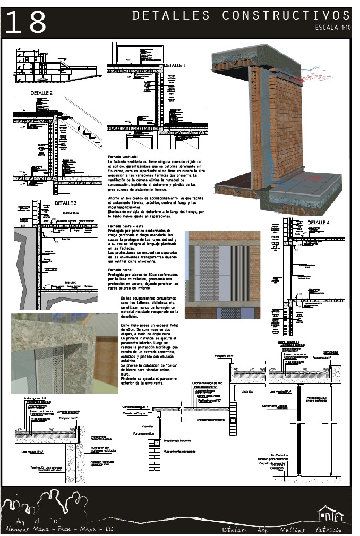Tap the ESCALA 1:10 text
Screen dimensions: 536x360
click(332, 27)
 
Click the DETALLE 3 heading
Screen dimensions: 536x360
click(65, 203)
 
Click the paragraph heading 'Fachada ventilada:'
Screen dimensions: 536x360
click(123, 157)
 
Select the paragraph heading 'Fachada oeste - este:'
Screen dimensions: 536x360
click(126, 225)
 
